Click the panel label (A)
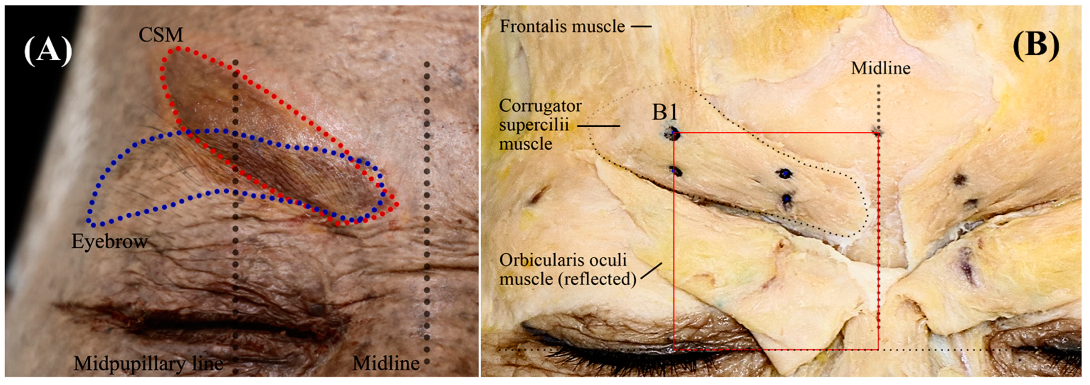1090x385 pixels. pyautogui.click(x=48, y=51)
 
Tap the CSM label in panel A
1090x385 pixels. pyautogui.click(x=161, y=35)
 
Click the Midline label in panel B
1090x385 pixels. pyautogui.click(x=881, y=68)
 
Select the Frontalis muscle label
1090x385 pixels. pyautogui.click(x=562, y=26)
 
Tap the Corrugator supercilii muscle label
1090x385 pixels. pyautogui.click(x=540, y=125)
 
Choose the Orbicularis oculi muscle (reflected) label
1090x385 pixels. pyautogui.click(x=567, y=270)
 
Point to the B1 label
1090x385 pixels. pyautogui.click(x=665, y=113)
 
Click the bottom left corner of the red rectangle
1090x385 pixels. pyautogui.click(x=674, y=350)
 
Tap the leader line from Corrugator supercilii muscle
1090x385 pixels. pyautogui.click(x=599, y=126)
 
